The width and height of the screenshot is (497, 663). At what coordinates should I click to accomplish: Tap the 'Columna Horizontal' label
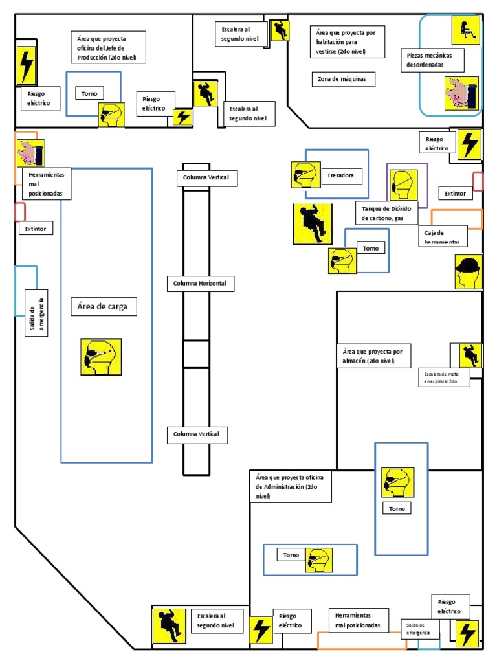click(x=200, y=284)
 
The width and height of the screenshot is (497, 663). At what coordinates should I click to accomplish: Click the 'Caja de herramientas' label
click(x=443, y=236)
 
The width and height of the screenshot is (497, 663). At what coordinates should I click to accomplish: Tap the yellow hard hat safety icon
click(x=468, y=271)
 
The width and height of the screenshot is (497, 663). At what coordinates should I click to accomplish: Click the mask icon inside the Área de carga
click(x=101, y=357)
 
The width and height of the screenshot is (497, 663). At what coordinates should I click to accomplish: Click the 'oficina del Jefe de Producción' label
click(x=107, y=48)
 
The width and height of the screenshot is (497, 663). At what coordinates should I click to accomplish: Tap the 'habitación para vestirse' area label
click(x=350, y=41)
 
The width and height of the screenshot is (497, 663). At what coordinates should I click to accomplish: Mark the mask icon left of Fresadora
click(x=304, y=175)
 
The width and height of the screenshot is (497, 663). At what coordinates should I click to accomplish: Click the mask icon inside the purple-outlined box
click(x=403, y=185)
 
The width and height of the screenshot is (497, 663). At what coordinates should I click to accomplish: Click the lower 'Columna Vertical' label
click(x=197, y=434)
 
